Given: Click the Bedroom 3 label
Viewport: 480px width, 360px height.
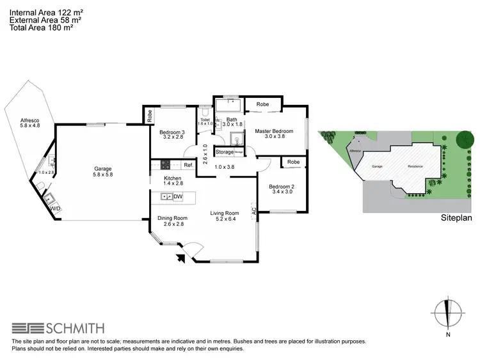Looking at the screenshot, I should (172, 132).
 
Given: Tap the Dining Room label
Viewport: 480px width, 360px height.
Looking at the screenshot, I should (171, 218).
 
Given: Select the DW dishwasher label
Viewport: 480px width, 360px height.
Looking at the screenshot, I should (178, 196).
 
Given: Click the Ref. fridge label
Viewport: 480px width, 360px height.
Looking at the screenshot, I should (188, 166).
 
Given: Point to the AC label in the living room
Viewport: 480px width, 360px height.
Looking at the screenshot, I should (254, 209).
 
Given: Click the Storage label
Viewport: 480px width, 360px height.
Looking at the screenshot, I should (224, 152).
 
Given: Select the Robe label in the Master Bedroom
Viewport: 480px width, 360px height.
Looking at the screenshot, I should (262, 104).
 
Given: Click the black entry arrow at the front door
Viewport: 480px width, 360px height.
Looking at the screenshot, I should (180, 258).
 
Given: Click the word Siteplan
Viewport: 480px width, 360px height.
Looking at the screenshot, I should (456, 218).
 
